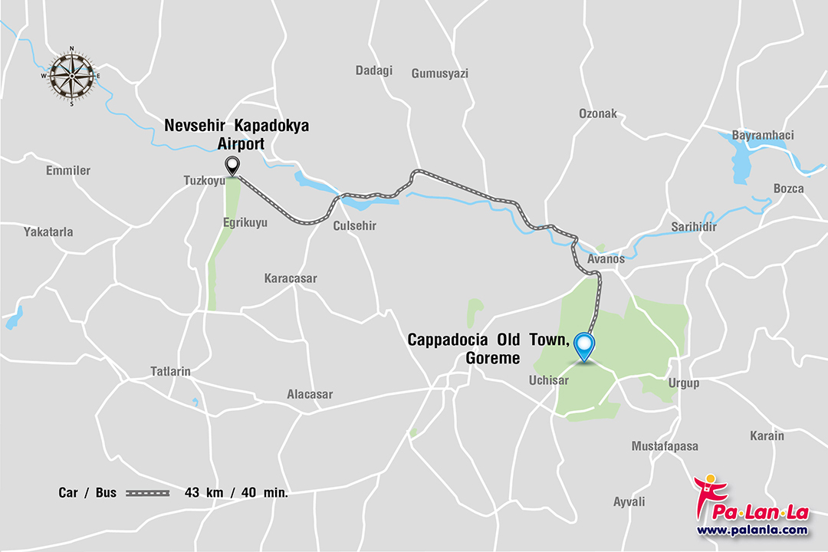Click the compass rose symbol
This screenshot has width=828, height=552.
coord(72,75)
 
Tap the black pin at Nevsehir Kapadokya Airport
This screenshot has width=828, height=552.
coord(231,165)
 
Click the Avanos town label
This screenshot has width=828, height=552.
coord(606,259)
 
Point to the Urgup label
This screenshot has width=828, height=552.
coord(685,383)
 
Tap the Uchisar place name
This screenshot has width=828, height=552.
coord(548,380)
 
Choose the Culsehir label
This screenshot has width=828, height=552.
coord(355,226)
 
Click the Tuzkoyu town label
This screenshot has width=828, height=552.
coord(203,181)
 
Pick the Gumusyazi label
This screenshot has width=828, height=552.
coord(439,74)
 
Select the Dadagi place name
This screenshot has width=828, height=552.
coord(373,71)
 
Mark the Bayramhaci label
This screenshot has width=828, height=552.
coord(763,136)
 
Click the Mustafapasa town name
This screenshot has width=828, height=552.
coord(665,445)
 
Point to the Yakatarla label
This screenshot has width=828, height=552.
coord(48,232)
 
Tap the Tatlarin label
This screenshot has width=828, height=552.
coord(170,372)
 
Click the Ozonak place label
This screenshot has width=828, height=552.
coord(597,113)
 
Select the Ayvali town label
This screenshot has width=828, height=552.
coord(629,502)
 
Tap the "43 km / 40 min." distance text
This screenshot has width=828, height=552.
coord(236,493)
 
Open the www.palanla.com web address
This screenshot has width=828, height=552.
coord(752,530)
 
